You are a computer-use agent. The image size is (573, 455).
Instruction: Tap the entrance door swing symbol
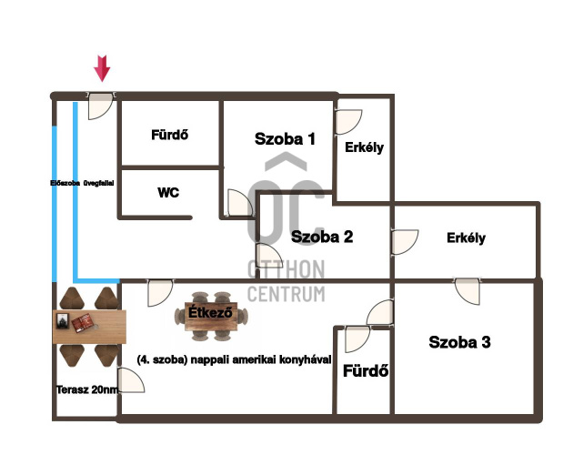click(99, 105)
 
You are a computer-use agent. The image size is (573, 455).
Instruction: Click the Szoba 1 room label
click(285, 139)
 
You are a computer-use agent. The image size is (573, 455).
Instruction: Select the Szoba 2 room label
click(321, 237)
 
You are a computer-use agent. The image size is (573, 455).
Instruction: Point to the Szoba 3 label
click(459, 342)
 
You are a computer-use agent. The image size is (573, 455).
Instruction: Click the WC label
click(168, 193)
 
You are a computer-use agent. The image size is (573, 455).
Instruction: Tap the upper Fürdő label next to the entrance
click(169, 135)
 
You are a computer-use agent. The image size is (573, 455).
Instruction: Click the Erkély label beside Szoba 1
click(363, 147)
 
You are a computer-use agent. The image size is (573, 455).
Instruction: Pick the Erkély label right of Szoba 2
click(466, 238)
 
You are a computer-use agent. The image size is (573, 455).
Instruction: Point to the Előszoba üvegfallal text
click(80, 183)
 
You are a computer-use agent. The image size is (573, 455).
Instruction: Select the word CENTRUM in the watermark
click(286, 293)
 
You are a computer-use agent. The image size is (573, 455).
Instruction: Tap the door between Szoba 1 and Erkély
click(347, 123)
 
